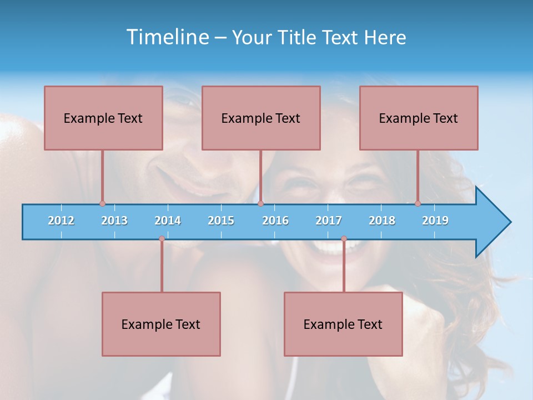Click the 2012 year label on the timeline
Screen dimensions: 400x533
[x=61, y=221]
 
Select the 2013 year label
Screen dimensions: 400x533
[x=114, y=221]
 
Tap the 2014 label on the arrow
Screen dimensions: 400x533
[x=168, y=221]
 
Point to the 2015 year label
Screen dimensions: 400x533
[x=221, y=221]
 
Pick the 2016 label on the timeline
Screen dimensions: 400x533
[x=275, y=221]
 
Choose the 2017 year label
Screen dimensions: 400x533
[x=329, y=221]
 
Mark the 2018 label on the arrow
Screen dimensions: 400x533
[x=382, y=221]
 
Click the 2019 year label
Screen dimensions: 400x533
[x=435, y=221]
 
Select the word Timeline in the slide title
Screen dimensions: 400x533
[x=168, y=37]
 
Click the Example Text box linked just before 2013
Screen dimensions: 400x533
[x=103, y=118]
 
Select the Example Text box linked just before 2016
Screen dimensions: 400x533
[x=261, y=118]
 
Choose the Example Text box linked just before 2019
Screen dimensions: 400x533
[x=419, y=118]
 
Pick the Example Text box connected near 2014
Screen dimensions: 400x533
[x=161, y=324]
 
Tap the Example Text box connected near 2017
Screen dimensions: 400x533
[x=343, y=324]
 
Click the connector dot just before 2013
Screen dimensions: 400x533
[x=102, y=203]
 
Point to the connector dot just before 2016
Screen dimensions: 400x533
[x=261, y=203]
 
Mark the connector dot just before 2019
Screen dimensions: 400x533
[x=418, y=203]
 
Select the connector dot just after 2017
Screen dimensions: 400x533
[x=344, y=239]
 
